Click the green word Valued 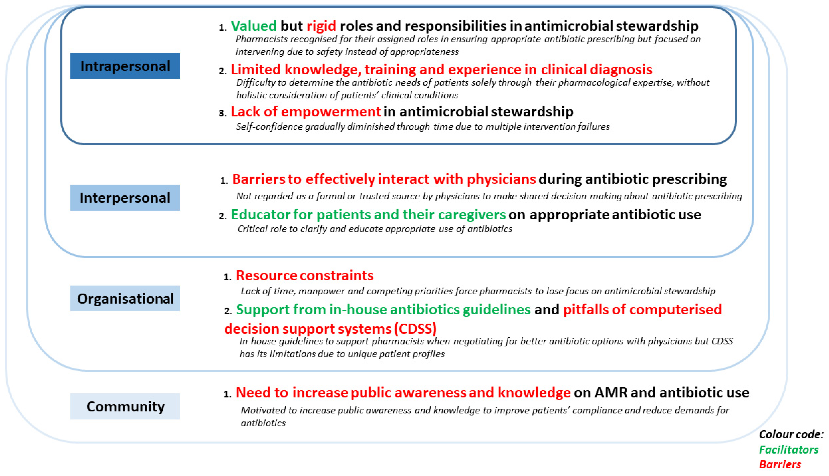point(254,26)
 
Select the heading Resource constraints point(304,276)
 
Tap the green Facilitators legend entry point(788,450)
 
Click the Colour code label point(791,434)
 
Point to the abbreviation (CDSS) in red point(415,329)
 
